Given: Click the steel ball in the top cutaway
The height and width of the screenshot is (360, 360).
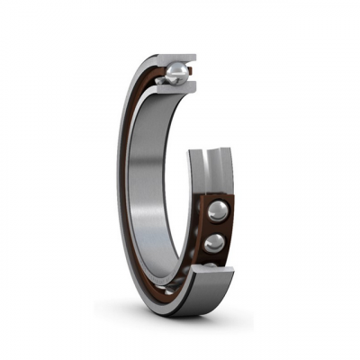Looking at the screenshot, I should pos(176,72).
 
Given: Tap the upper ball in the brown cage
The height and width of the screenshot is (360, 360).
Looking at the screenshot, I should pos(217,212).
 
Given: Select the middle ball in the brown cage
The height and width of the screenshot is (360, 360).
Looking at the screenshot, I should pos(214,243).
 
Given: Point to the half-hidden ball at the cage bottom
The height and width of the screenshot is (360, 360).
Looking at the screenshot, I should pos(210,265).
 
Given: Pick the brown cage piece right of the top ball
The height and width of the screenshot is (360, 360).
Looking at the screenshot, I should pos(192,74).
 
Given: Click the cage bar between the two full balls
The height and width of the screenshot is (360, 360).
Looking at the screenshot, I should pos(217,228).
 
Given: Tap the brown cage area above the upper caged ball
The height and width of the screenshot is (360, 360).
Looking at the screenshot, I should pos(216,197).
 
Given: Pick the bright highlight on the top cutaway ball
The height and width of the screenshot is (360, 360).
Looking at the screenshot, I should pos(181,68).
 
